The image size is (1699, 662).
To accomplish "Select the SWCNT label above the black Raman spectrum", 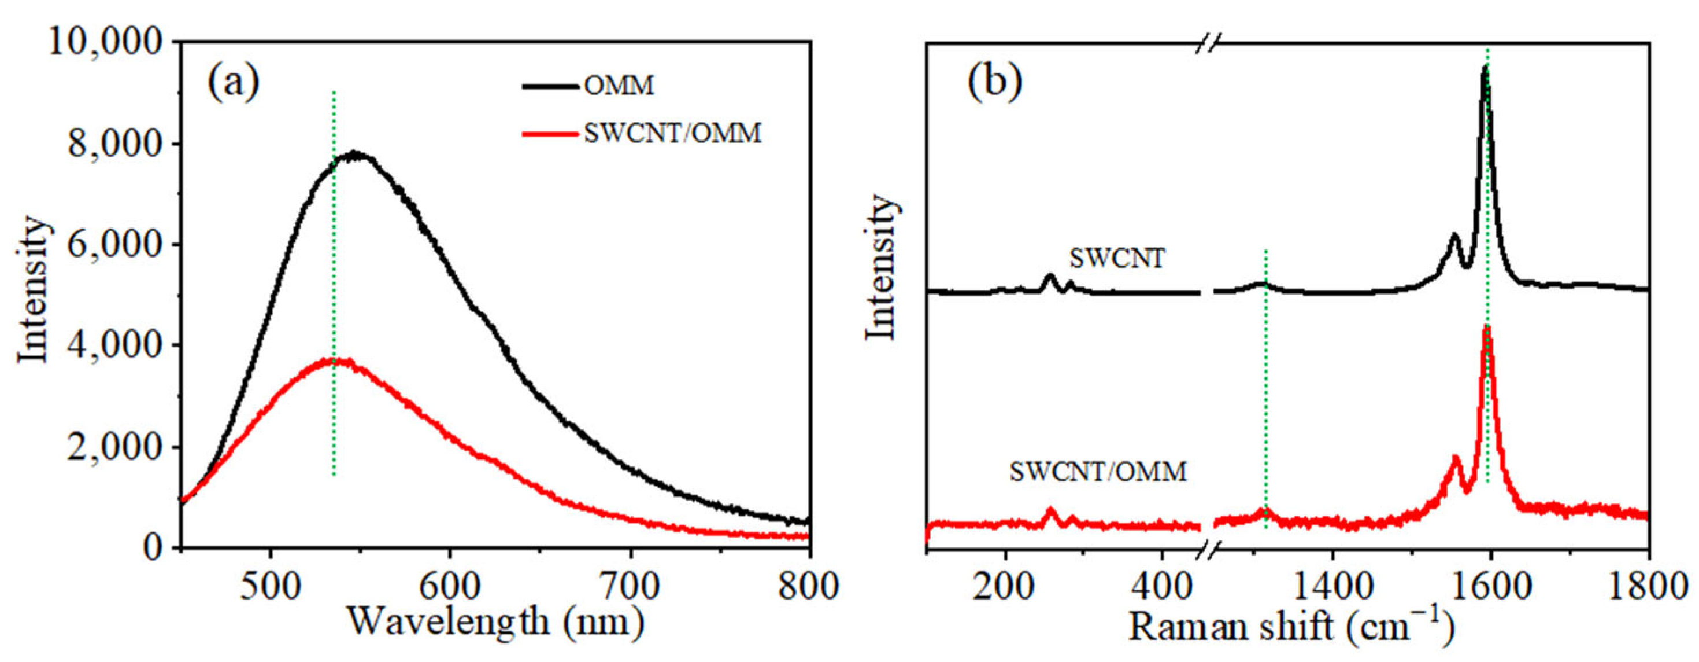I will [x=1117, y=258].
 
